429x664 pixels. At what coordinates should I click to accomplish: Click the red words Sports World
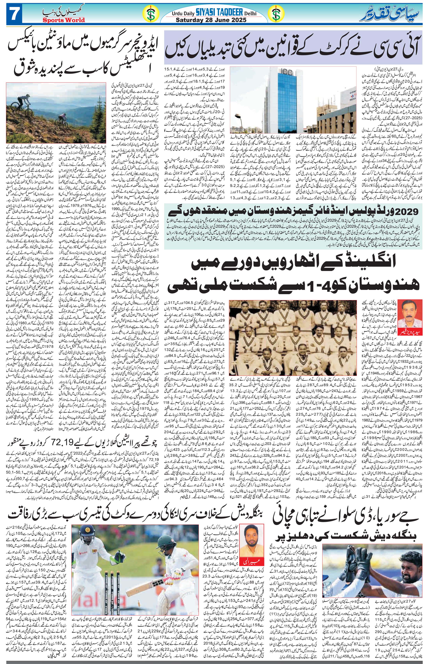[64, 20]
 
